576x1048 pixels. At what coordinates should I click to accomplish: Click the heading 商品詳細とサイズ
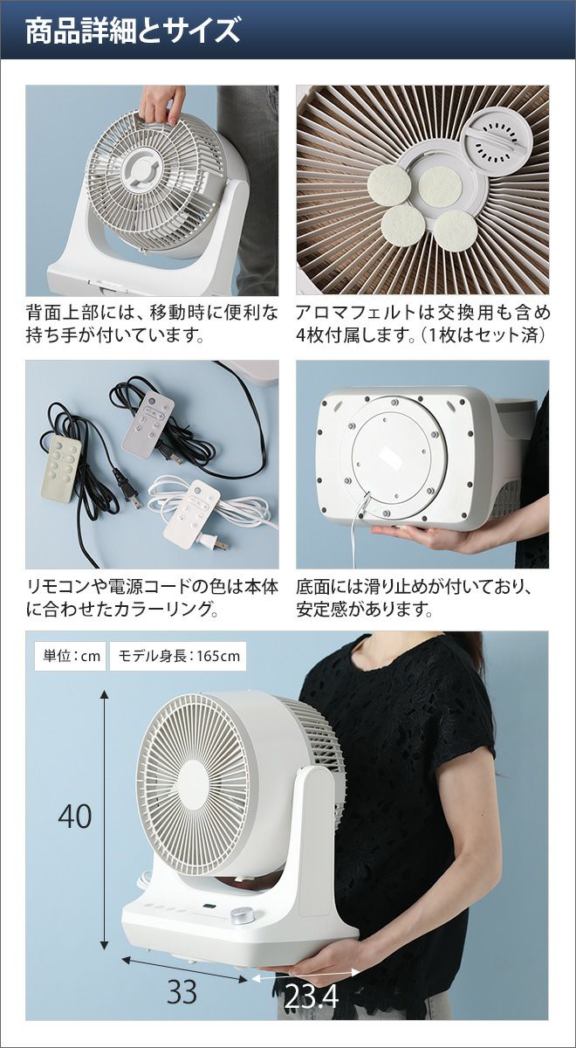click(x=133, y=31)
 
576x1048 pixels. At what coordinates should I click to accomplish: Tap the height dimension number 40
click(x=75, y=817)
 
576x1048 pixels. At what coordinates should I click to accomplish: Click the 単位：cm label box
click(x=70, y=657)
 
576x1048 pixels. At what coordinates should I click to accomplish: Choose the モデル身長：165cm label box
click(x=178, y=657)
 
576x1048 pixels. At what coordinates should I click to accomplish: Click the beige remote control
click(x=59, y=469)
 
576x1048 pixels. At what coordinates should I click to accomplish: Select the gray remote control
click(x=147, y=423)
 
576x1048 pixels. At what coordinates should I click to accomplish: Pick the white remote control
click(x=192, y=514)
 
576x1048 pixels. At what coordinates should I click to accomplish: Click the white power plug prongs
click(x=221, y=545)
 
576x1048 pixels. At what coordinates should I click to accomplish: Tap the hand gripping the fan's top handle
click(x=161, y=105)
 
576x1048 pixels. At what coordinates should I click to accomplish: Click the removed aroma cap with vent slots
click(x=497, y=141)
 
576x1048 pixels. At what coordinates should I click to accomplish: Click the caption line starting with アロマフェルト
click(x=422, y=313)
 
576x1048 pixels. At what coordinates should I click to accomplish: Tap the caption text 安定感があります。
click(x=364, y=610)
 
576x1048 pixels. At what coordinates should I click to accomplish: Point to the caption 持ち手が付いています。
click(x=115, y=335)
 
